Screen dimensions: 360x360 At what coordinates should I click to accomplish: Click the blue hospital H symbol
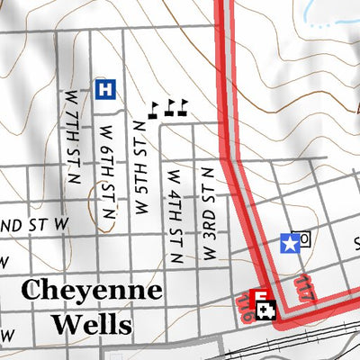click(x=105, y=88)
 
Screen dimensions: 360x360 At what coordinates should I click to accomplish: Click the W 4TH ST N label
click(x=174, y=207)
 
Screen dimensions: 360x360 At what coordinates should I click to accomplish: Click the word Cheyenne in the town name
click(x=91, y=291)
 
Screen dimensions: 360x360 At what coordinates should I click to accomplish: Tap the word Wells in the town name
click(x=91, y=322)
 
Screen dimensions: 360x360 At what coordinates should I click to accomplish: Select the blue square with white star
click(x=289, y=241)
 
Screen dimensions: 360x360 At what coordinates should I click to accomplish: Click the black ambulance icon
click(x=267, y=310)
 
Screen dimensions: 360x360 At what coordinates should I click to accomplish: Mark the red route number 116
click(x=246, y=308)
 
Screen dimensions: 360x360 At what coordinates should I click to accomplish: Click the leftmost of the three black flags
click(x=154, y=110)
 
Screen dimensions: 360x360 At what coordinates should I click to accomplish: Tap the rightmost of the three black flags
click(x=184, y=106)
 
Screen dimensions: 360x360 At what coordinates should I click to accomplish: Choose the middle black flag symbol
click(x=169, y=108)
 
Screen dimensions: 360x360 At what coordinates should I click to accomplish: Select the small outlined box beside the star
click(x=305, y=238)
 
